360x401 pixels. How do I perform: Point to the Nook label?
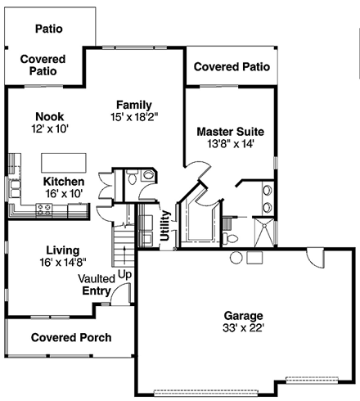[x=50, y=116]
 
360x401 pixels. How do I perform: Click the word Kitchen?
[x=64, y=181]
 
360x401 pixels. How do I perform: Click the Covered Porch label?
[x=70, y=337]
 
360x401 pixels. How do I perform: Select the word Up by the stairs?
[x=124, y=274]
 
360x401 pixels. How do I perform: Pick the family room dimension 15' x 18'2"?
[x=134, y=117]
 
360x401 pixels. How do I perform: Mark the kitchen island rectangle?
[x=62, y=158]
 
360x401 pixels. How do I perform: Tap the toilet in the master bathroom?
[x=232, y=238]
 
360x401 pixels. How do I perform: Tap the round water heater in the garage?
[x=236, y=259]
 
